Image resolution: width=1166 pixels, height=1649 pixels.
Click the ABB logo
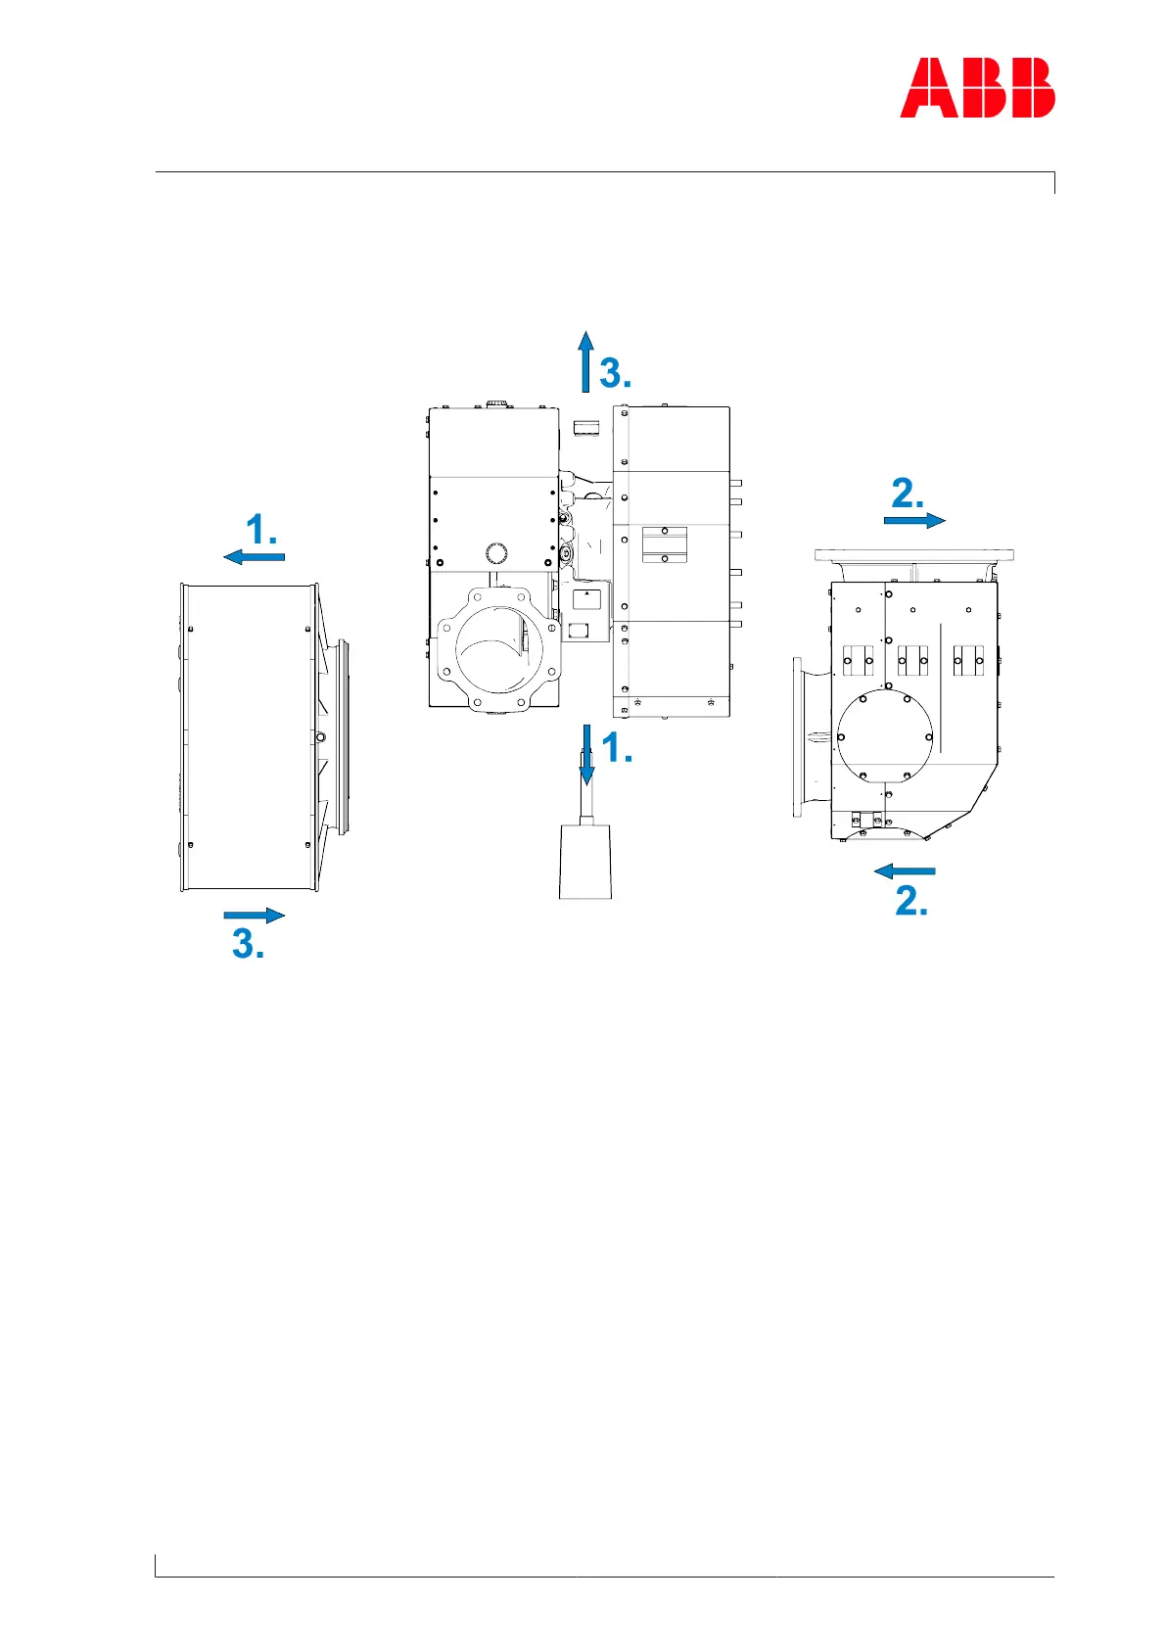click(x=977, y=88)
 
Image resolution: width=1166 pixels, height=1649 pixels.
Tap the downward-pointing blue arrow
click(x=586, y=754)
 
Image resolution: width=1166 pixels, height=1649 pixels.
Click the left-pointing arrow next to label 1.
click(x=254, y=557)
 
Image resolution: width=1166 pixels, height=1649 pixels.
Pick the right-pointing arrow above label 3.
click(x=254, y=916)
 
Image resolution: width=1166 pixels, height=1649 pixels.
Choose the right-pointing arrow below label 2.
click(x=914, y=520)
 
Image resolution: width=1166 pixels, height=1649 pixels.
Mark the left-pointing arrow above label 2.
click(x=905, y=871)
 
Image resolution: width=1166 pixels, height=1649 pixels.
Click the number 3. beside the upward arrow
click(x=615, y=373)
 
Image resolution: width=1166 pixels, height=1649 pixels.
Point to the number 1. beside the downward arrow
click(x=617, y=749)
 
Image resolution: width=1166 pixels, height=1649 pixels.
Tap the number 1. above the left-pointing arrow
click(x=261, y=531)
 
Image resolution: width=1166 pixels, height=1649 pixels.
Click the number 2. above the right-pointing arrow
click(x=908, y=494)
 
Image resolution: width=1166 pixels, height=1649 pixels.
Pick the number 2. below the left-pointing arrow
click(x=911, y=901)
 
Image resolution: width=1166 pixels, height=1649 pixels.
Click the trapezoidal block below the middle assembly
click(x=585, y=861)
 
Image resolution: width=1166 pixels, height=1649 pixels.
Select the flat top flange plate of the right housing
click(x=913, y=555)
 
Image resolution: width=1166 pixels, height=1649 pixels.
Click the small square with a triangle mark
click(x=585, y=597)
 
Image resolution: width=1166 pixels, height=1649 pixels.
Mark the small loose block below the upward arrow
click(x=585, y=426)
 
